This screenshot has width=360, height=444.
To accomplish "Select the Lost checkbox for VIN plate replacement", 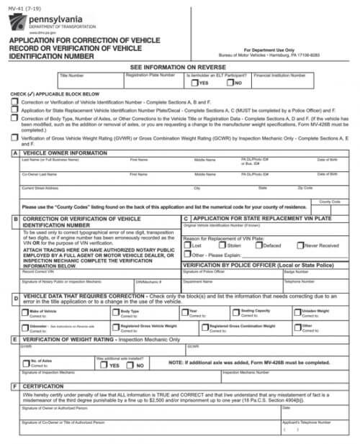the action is pos(187,245).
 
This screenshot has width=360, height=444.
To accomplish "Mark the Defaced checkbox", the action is pos(259,245).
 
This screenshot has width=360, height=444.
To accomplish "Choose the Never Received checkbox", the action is pos(300,245).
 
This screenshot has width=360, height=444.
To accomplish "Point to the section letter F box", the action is pos(14,386).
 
